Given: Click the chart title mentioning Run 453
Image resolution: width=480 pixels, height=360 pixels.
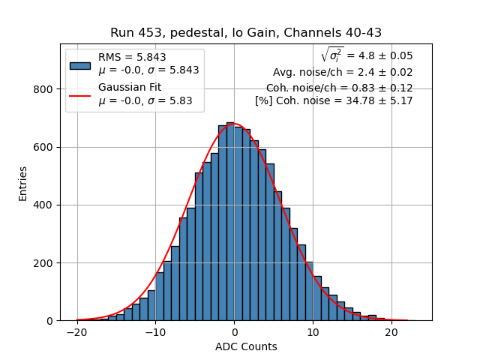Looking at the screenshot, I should click(x=245, y=33).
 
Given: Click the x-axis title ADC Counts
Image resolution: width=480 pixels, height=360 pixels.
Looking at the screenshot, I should click(x=245, y=346).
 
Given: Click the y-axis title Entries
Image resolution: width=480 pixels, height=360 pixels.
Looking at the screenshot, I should click(x=23, y=182).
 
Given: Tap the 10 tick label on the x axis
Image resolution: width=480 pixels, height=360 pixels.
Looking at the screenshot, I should click(x=312, y=333).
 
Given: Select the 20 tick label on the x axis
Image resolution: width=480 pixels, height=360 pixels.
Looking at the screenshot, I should click(x=391, y=333).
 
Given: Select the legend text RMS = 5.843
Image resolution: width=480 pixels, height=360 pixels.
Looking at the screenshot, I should click(x=132, y=57).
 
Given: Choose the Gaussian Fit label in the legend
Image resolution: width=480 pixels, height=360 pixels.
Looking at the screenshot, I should click(x=130, y=88).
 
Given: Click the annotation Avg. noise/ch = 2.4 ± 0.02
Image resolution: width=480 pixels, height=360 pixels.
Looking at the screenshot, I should click(x=343, y=73).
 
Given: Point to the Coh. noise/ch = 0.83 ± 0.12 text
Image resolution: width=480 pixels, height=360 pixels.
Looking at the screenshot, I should click(x=339, y=88).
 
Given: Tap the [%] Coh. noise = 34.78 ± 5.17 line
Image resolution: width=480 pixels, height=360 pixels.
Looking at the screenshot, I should click(x=334, y=100).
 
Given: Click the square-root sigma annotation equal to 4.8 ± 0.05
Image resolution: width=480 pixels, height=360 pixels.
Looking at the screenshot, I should click(x=366, y=55).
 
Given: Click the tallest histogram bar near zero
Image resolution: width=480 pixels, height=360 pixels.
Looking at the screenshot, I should click(x=230, y=225).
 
